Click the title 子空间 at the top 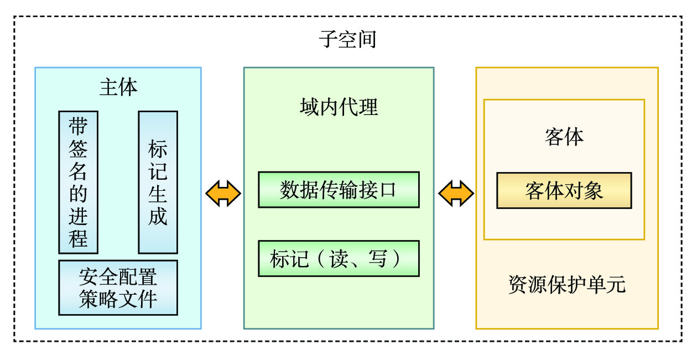(x=348, y=40)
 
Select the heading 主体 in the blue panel (x=118, y=87)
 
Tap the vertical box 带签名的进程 (x=78, y=182)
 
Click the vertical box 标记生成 (x=158, y=182)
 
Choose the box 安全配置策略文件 (x=118, y=288)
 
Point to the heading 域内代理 (x=339, y=107)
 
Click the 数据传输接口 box (x=339, y=190)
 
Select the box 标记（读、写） (x=339, y=258)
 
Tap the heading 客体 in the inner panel (x=564, y=137)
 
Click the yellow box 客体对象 (x=564, y=191)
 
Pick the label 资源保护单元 (x=566, y=285)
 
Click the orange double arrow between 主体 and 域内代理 (x=223, y=193)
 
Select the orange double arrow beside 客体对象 (x=456, y=193)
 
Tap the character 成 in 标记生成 (x=158, y=216)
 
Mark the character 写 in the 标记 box (x=377, y=258)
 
